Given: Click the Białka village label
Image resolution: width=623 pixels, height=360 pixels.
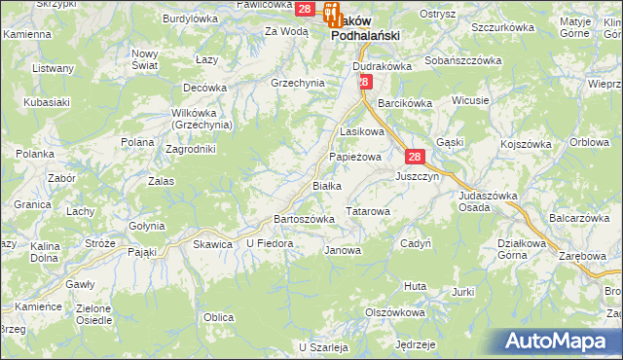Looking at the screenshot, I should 327,186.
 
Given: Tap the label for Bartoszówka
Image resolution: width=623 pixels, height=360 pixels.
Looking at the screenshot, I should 305,219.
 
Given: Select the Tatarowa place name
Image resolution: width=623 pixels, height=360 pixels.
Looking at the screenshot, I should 368,210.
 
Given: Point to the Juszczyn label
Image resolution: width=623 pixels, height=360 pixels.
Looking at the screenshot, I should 418,177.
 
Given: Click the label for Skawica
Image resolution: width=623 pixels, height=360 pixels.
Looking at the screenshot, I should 213,243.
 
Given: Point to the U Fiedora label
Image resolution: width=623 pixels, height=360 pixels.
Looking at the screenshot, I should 270,242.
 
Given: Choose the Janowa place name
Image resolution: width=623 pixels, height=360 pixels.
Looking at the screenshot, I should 342,250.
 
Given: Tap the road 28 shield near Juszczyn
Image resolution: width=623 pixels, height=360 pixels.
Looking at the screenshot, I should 415,157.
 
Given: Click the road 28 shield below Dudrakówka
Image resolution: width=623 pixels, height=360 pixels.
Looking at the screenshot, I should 363,83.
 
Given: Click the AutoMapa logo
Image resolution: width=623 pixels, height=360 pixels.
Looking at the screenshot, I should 559,341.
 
